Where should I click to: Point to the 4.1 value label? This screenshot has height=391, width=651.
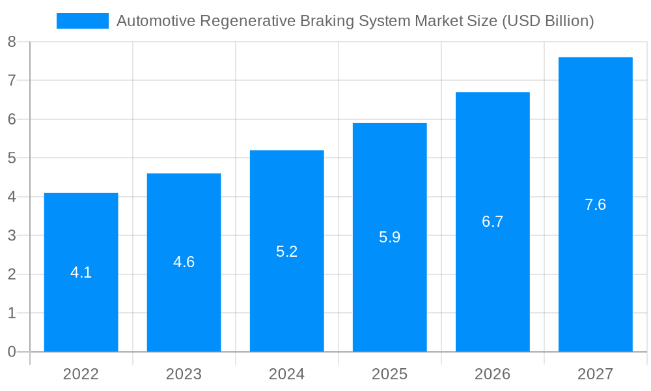[x=81, y=272]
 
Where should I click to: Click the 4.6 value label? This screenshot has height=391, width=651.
[x=184, y=262]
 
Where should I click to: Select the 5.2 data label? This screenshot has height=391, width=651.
[x=286, y=252]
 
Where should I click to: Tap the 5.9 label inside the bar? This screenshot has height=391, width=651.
[x=389, y=237]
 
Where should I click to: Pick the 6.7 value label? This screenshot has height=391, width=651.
[x=492, y=222]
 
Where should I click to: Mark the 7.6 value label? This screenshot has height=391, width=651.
[x=595, y=205]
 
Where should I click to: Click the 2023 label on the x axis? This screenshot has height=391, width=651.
[x=184, y=374]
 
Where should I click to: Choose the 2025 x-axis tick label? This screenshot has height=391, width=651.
[x=389, y=374]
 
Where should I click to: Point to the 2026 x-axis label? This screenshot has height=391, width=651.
[x=492, y=374]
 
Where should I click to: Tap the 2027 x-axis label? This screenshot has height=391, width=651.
[x=595, y=374]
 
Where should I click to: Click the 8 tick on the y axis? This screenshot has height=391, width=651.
[x=12, y=42]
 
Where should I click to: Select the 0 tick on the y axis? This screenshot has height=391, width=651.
[x=12, y=352]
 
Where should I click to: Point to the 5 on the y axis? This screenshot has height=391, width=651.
[x=12, y=158]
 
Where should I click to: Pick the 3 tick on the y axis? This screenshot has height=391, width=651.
[x=12, y=236]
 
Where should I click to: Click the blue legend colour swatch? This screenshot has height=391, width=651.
[x=83, y=21]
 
